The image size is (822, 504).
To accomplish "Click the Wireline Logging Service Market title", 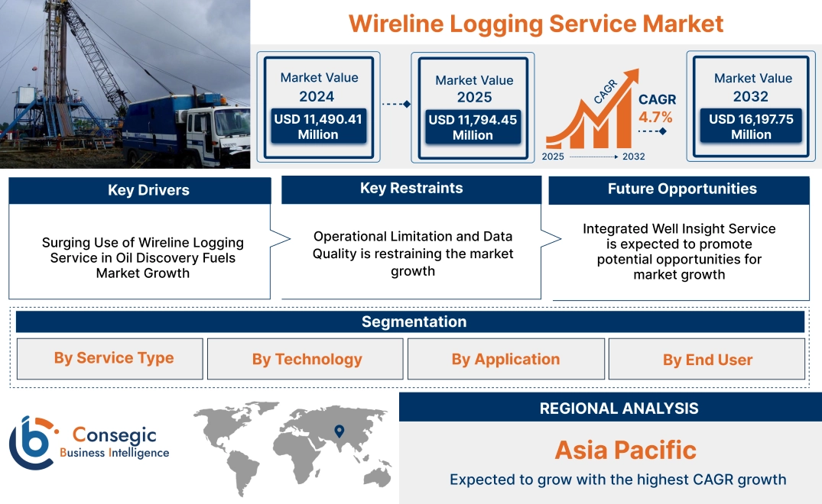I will coord(535,23).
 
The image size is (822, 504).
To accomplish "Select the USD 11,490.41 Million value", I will coord(317,127).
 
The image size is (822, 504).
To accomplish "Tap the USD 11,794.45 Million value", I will coord(473,127).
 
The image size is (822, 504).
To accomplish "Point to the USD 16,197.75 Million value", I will coord(751,127).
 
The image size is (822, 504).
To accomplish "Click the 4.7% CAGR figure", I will coord(655,117).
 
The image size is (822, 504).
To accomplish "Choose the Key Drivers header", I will coord(140,190).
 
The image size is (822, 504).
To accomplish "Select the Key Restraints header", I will coord(411,189).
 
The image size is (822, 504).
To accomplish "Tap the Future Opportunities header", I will coord(679,189).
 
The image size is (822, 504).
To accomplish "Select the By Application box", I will coord(505,360).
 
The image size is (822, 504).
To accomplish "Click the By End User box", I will coord(707,360).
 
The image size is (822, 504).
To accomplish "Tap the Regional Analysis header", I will coord(618,409).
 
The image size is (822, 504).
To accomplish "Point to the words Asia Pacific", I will coord(625,450).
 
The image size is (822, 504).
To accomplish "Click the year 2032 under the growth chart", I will coord(633,157).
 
